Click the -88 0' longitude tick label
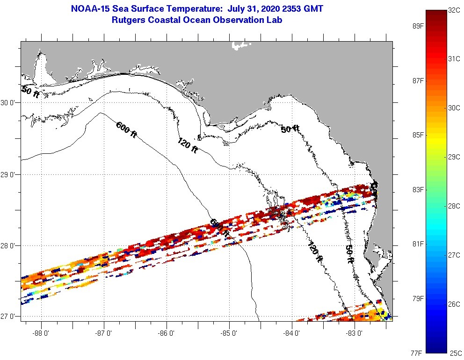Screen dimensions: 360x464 pos(41,333)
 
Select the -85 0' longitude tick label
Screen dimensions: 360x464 pos(229,333)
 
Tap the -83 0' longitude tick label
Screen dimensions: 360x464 pos(355,333)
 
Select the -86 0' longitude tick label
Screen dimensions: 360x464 pos(167,333)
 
